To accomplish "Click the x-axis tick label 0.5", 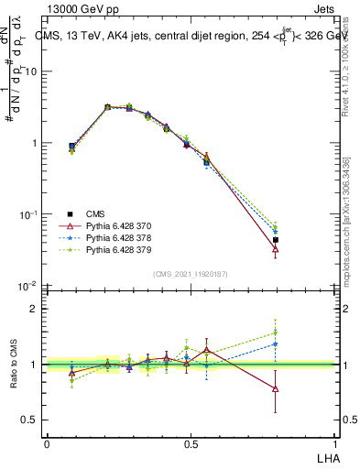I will click(x=191, y=443).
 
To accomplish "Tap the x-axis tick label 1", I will click(x=334, y=443).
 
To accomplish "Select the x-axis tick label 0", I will click(x=47, y=443).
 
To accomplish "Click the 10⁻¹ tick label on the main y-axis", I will click(x=27, y=215).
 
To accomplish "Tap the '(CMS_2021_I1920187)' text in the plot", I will click(x=191, y=273).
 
